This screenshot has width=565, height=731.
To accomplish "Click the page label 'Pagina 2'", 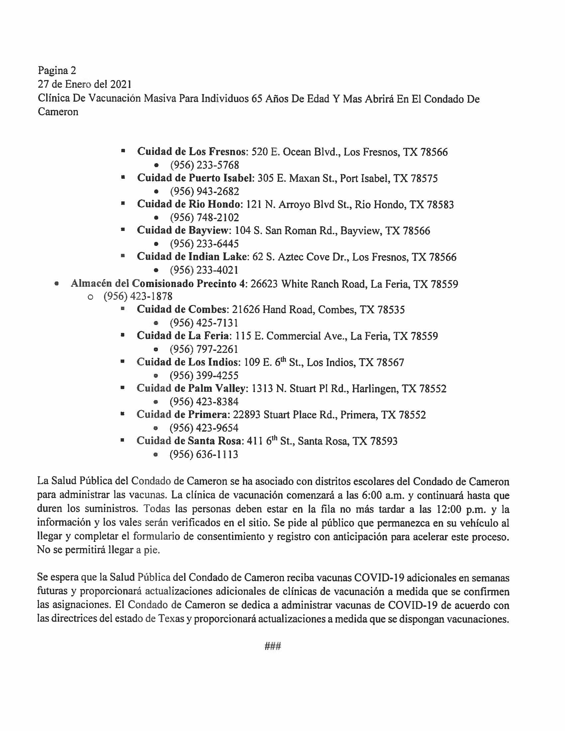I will (57, 70).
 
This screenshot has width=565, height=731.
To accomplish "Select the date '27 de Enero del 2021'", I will (84, 84).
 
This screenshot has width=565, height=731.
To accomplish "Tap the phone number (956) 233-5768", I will (204, 165).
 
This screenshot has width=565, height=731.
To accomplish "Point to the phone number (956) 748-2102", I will (204, 218).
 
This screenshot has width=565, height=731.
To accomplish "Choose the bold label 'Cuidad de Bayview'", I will (184, 231).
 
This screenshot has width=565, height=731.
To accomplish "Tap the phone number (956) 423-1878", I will (138, 296).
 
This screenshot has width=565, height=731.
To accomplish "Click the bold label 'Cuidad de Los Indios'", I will (188, 362).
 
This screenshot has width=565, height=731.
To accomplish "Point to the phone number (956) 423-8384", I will (204, 402).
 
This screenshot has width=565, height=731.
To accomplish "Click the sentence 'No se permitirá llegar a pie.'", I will (98, 550).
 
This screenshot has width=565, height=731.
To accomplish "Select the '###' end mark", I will (273, 646).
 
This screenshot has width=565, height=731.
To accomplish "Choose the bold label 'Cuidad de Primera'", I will (182, 415).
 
